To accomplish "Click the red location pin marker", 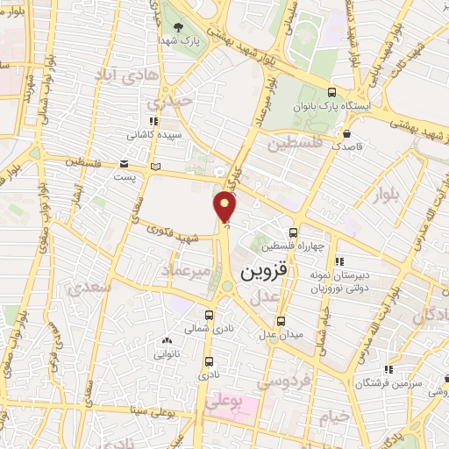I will coord(226,207).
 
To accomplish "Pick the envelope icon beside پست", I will coord(124,164).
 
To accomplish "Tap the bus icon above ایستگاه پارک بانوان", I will coord(331,91).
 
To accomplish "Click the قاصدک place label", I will coord(347,148).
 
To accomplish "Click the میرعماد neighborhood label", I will coord(186,271).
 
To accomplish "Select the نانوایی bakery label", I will coord(167,354).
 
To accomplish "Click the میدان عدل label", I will coord(279,333).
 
